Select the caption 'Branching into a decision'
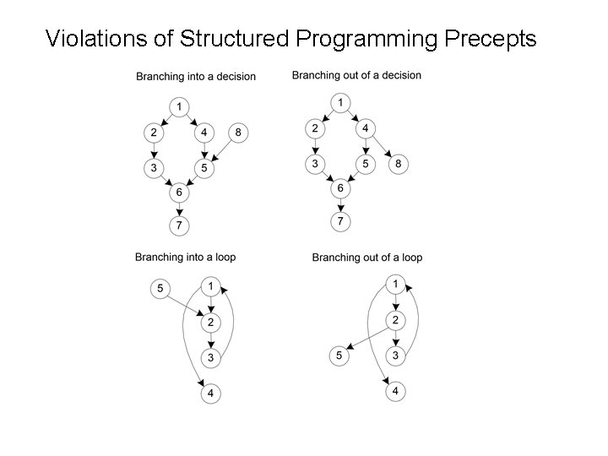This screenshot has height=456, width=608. pos(196,77)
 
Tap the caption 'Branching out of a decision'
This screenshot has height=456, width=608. pos(356,75)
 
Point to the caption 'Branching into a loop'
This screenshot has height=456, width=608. pos(185,257)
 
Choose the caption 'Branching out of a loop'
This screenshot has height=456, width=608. pos(367,257)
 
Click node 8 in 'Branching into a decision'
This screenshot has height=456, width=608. pos(238,133)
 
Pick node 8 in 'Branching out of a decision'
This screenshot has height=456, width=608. pos(399,163)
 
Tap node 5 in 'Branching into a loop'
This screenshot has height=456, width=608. pos(160,289)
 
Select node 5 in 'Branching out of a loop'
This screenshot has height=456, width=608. pos(339,357)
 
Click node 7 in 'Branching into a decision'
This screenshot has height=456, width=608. pos(179,225)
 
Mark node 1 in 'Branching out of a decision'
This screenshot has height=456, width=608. pos(339,102)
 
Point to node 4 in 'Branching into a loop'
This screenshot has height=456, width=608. pos(210,393)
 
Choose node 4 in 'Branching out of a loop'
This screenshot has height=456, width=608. pos(394,392)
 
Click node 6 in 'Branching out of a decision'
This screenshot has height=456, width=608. pos(339,189)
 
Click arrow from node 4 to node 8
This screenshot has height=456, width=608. pos(382,145)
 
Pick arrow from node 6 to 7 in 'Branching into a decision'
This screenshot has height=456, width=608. pos(179,209)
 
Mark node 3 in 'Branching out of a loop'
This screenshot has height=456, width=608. pos(394,356)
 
